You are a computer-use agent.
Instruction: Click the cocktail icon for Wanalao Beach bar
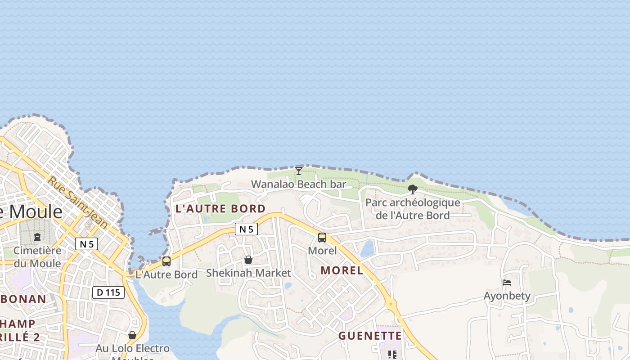click(x=298, y=171)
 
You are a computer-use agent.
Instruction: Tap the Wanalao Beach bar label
click(x=298, y=184)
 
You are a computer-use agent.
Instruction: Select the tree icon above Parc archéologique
click(x=412, y=189)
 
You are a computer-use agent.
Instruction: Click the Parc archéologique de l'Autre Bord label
click(x=413, y=209)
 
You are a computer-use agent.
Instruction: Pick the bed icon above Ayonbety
click(x=507, y=283)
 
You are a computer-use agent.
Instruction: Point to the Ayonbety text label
click(x=507, y=296)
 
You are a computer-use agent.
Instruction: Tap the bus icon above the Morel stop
click(x=322, y=238)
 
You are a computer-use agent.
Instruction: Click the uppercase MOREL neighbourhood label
click(x=342, y=270)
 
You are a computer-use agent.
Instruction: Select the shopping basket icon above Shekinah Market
click(x=248, y=260)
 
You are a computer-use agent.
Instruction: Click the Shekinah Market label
click(x=248, y=273)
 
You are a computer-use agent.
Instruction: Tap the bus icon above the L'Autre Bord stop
click(x=166, y=261)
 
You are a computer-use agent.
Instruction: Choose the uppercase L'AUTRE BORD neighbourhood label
click(x=220, y=208)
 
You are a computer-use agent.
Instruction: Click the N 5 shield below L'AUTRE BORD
click(x=246, y=229)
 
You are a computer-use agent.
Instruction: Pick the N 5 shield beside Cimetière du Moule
click(x=86, y=244)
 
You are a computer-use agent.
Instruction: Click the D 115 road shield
click(x=108, y=292)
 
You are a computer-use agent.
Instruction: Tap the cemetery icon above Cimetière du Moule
click(x=37, y=237)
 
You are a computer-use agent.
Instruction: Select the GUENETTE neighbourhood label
click(x=370, y=336)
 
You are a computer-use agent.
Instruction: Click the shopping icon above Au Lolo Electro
click(x=132, y=335)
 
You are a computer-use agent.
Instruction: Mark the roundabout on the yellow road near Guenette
click(x=391, y=304)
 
